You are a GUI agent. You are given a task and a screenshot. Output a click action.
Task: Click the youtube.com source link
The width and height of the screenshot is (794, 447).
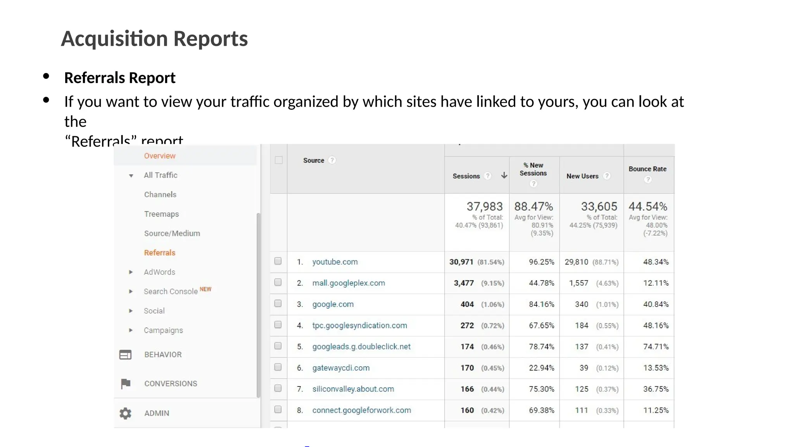(335, 262)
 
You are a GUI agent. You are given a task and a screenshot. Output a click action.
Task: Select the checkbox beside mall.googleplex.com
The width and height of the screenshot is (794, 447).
(278, 282)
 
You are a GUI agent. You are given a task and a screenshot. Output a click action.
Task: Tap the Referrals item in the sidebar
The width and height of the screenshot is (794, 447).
(160, 253)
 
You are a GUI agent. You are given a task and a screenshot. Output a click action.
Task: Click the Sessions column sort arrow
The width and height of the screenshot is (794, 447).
(504, 175)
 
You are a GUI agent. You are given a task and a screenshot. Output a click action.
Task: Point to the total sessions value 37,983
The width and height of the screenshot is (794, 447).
(485, 206)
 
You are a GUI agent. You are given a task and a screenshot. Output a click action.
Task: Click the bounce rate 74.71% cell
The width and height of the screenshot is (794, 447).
(656, 347)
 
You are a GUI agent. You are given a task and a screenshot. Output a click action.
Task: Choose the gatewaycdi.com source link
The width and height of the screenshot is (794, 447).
(341, 368)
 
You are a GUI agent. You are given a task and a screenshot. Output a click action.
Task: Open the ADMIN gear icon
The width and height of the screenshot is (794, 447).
(125, 413)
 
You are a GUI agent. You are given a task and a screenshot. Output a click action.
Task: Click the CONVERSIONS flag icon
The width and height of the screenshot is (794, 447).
(126, 384)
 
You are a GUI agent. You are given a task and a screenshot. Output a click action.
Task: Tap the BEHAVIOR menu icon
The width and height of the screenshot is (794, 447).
(125, 355)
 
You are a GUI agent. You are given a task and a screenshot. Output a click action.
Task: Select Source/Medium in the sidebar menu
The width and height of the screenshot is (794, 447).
(172, 233)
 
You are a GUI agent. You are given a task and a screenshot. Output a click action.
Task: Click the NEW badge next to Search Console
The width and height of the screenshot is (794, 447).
(205, 289)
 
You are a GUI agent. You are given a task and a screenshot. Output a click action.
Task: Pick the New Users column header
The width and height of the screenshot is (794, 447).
(582, 176)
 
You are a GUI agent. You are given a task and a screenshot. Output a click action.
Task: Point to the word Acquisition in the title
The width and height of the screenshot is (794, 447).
(114, 39)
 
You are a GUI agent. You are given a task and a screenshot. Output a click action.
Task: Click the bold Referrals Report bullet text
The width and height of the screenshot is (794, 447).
(120, 78)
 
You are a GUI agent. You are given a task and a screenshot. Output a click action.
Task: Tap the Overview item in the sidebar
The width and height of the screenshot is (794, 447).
(160, 156)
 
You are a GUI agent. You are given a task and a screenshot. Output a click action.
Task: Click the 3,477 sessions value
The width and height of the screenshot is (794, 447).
(464, 283)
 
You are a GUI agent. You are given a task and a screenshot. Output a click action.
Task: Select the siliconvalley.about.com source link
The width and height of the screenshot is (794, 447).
(353, 389)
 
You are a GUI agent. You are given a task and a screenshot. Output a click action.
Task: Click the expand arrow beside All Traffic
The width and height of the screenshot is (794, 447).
(131, 176)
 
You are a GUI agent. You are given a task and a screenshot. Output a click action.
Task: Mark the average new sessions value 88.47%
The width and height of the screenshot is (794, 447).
(533, 206)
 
